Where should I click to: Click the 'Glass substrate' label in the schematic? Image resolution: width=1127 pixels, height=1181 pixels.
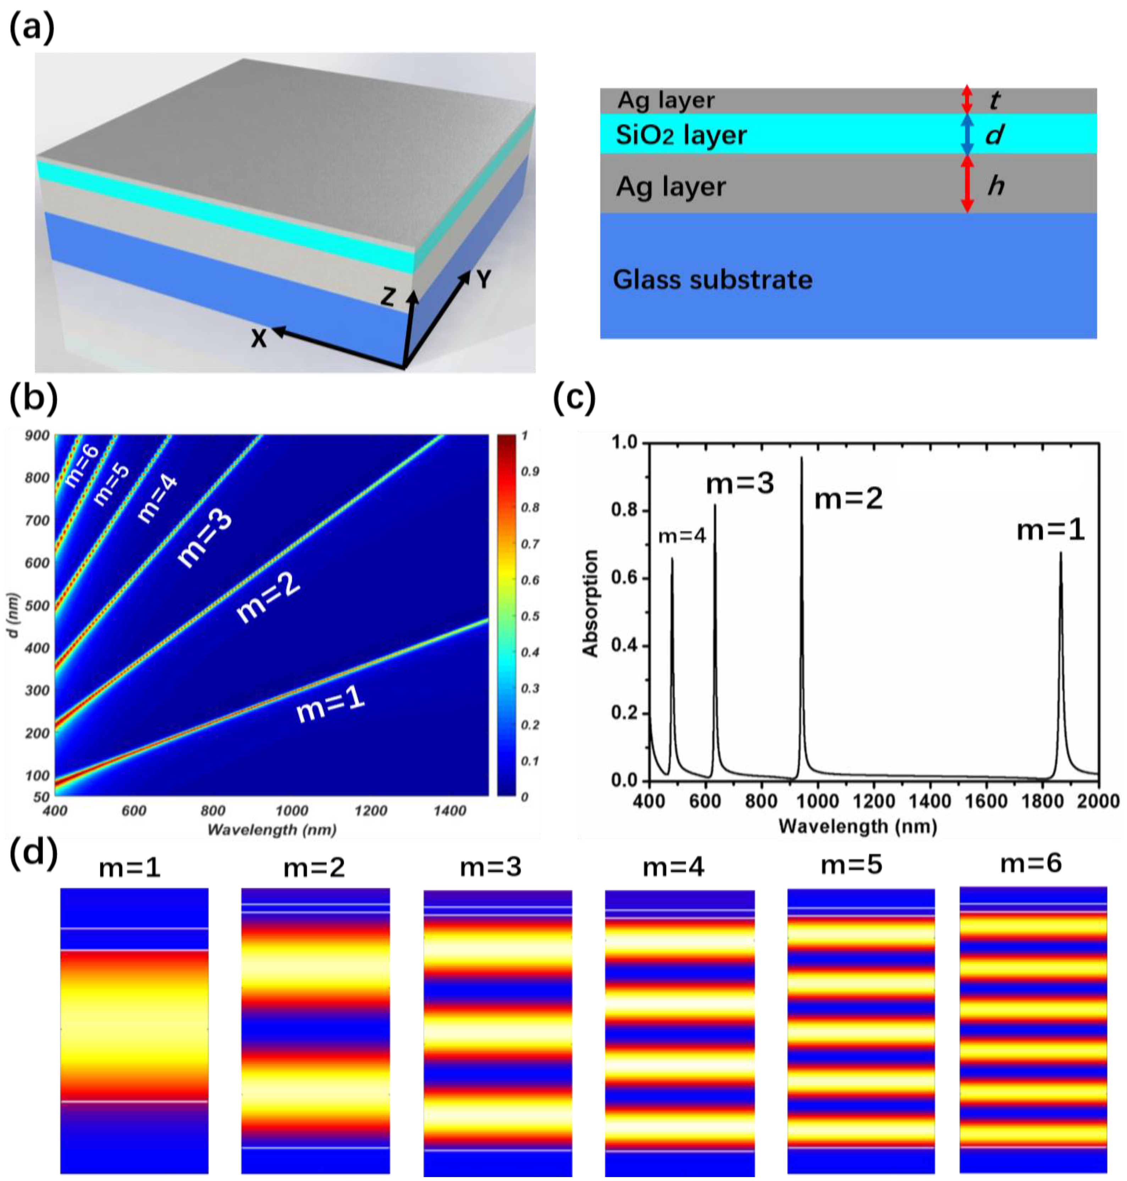click(x=712, y=280)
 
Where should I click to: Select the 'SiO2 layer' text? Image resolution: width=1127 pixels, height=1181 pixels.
click(x=681, y=135)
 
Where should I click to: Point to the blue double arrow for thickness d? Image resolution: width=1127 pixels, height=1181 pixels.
click(x=967, y=134)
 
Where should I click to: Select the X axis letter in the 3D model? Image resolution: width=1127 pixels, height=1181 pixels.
click(x=258, y=340)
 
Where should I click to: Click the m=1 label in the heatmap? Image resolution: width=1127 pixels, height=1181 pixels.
click(x=330, y=705)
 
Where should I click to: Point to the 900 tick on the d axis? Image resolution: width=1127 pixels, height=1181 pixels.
click(x=37, y=436)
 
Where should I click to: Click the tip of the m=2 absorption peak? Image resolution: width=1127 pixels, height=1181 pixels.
click(x=801, y=458)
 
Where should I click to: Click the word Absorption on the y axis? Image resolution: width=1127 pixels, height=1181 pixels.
click(x=591, y=602)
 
